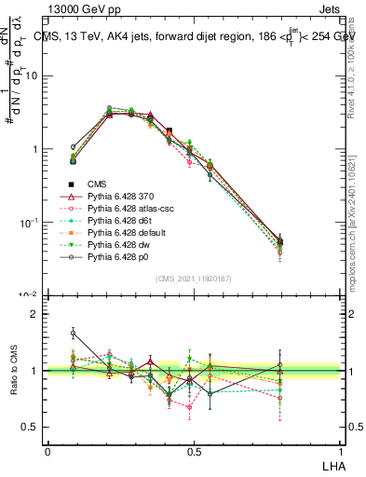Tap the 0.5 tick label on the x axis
194,451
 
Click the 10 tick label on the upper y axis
32,75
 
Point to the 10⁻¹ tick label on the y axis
30,223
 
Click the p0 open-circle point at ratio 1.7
74,332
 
